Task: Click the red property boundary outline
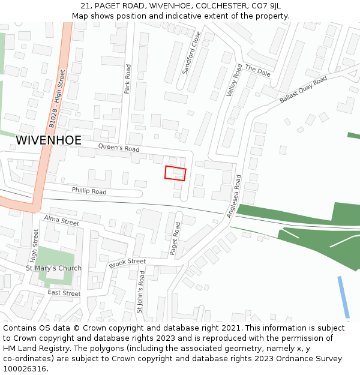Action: [175, 173]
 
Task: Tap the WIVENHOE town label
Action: [49, 140]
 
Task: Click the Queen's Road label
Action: [119, 148]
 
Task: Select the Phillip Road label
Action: [89, 191]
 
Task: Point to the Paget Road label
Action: [175, 239]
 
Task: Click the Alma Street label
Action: [61, 221]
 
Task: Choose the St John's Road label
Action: [140, 292]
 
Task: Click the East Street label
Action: [64, 293]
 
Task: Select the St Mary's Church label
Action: [53, 268]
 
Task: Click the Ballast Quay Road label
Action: [303, 89]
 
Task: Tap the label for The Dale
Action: [258, 71]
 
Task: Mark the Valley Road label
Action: [234, 80]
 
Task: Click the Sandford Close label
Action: [191, 53]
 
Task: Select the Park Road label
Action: [127, 79]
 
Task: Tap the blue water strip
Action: [344, 298]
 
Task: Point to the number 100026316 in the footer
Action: [24, 369]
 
